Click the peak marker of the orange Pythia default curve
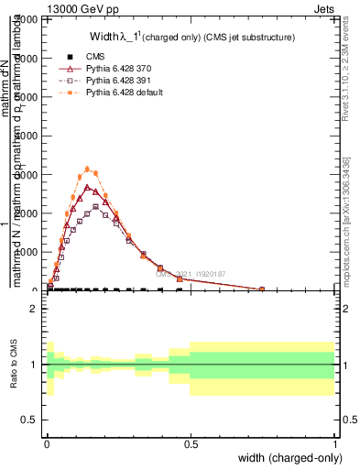click(87, 169)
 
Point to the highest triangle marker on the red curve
click(87, 187)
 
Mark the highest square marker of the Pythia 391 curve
click(95, 207)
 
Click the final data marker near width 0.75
click(262, 289)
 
